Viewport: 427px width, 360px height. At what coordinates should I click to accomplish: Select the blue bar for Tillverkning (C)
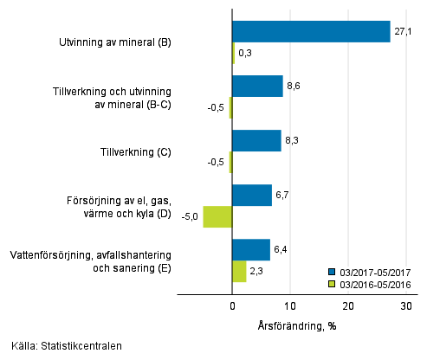click(x=256, y=141)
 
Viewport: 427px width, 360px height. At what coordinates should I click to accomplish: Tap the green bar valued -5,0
click(x=217, y=216)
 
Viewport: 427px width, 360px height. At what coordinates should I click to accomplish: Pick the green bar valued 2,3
click(x=239, y=271)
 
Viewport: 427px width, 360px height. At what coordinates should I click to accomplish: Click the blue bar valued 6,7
click(x=252, y=195)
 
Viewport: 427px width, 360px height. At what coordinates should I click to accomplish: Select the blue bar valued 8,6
click(x=257, y=87)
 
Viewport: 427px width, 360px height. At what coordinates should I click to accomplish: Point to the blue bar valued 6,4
click(x=251, y=249)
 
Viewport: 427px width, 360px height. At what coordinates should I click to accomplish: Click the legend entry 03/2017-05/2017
click(x=374, y=271)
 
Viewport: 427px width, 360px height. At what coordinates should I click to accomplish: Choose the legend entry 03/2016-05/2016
click(x=374, y=284)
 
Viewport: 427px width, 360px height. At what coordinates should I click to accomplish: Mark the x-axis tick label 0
click(x=233, y=306)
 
